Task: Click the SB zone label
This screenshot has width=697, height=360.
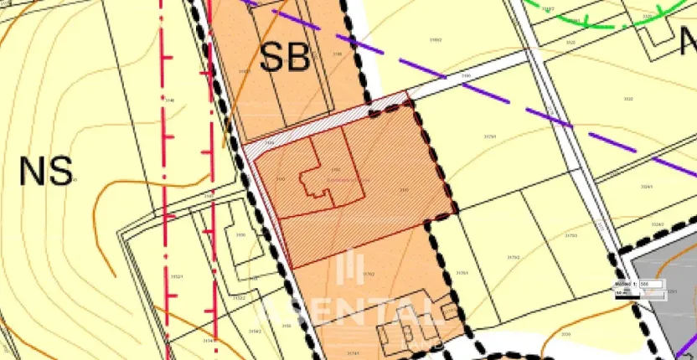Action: click(x=285, y=56)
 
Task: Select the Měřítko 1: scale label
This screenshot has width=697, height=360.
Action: click(x=626, y=285)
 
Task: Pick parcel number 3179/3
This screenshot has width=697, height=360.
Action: click(x=571, y=236)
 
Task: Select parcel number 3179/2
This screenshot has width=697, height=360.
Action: click(x=514, y=257)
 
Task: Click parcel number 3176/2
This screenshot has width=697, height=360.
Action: click(x=369, y=274)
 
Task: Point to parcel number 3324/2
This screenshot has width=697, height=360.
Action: click(x=658, y=224)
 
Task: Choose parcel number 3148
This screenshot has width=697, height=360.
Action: click(x=169, y=100)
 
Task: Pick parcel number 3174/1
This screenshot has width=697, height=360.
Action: click(x=353, y=353)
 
